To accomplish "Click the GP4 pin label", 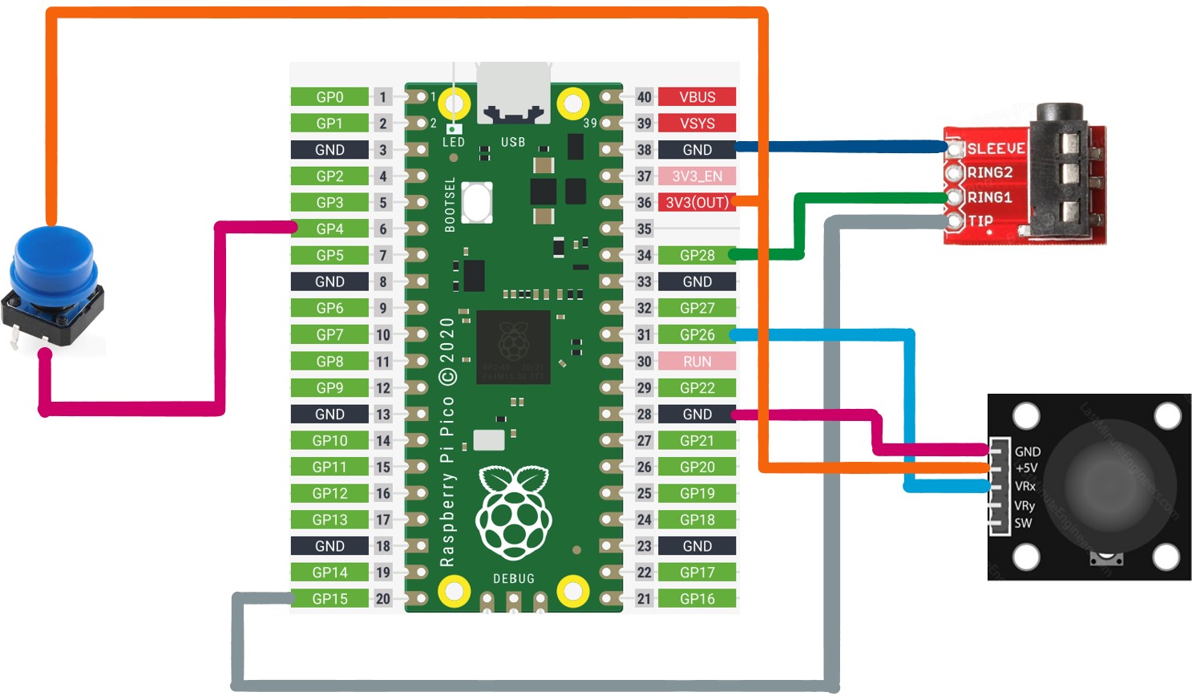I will click(x=329, y=229).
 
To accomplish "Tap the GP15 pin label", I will click(x=329, y=599).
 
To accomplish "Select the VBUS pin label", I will click(x=697, y=97).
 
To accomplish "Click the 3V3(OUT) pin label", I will click(x=697, y=203).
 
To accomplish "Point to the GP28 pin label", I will click(x=697, y=256).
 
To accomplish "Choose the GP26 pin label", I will click(x=697, y=335).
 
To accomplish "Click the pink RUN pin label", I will click(x=697, y=362).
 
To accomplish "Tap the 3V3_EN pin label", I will click(x=697, y=176).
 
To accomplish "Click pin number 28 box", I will click(x=644, y=415).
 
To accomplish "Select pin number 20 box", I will click(x=383, y=599).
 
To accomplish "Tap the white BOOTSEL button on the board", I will click(x=477, y=202).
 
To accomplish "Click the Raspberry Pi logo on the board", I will click(x=514, y=513).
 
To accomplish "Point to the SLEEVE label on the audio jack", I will click(x=996, y=149).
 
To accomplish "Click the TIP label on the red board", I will click(x=980, y=221).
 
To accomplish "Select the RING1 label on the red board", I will click(x=989, y=197).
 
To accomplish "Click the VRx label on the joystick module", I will click(x=1025, y=487).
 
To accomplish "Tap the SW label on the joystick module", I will click(x=1023, y=524).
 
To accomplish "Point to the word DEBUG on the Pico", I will click(x=514, y=579).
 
